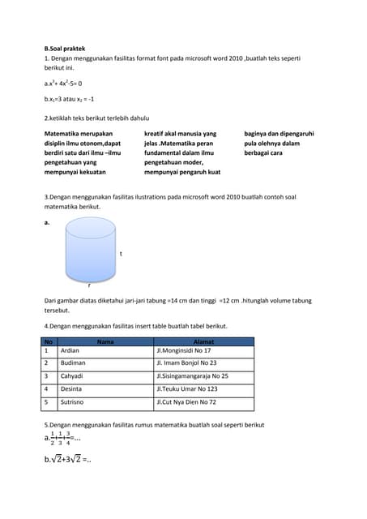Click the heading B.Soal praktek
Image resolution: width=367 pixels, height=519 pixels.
(x=65, y=49)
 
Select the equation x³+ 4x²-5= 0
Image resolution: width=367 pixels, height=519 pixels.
(x=66, y=83)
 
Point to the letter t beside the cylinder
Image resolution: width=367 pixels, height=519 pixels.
(x=121, y=254)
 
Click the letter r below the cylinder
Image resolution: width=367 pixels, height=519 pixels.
(x=89, y=285)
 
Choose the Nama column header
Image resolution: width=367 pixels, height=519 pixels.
(x=105, y=341)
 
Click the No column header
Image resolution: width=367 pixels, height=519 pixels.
(x=49, y=341)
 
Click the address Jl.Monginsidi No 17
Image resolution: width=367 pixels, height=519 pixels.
(x=183, y=350)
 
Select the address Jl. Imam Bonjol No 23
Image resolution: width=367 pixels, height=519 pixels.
(x=187, y=363)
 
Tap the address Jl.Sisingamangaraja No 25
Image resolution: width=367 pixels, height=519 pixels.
(x=192, y=376)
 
